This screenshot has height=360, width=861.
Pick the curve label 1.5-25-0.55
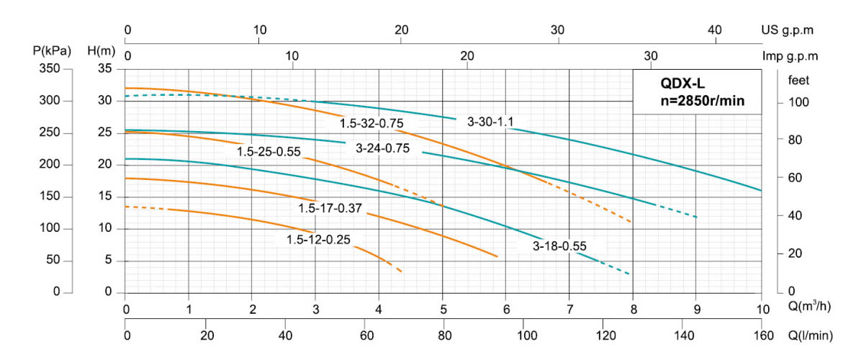pyautogui.click(x=269, y=152)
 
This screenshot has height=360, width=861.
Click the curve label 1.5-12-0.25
pyautogui.click(x=318, y=240)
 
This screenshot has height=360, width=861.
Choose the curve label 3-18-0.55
pyautogui.click(x=559, y=246)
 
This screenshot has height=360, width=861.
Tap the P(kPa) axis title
pyautogui.click(x=52, y=51)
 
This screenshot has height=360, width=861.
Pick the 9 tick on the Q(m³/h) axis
pyautogui.click(x=696, y=310)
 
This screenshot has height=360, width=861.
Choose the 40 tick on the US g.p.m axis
pyautogui.click(x=714, y=30)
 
